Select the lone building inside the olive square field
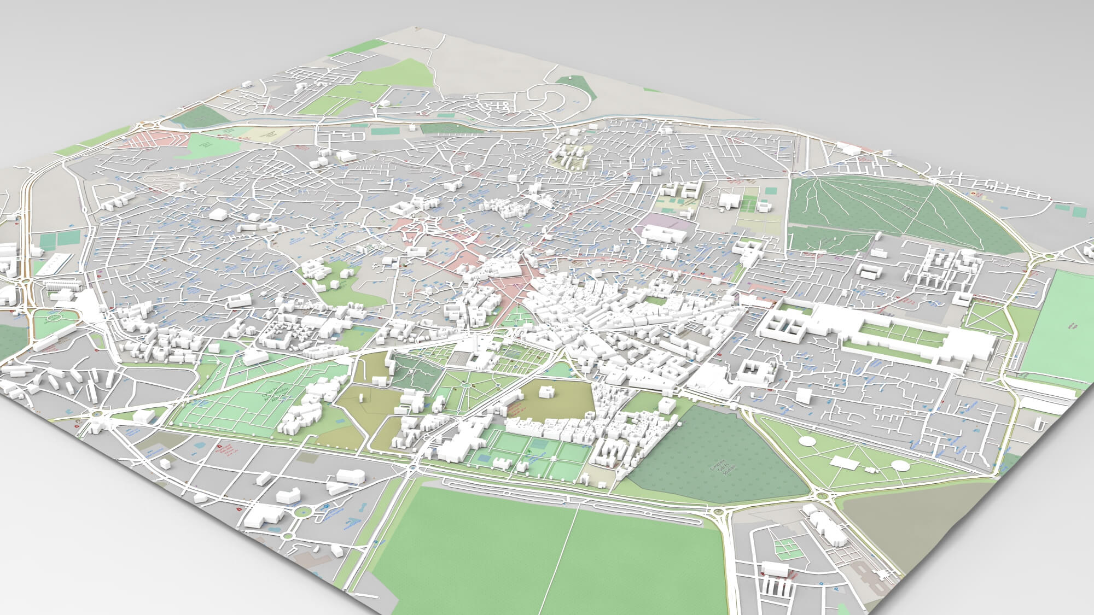[546, 392]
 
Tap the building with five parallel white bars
[778, 586]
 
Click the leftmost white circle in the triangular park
[806, 441]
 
